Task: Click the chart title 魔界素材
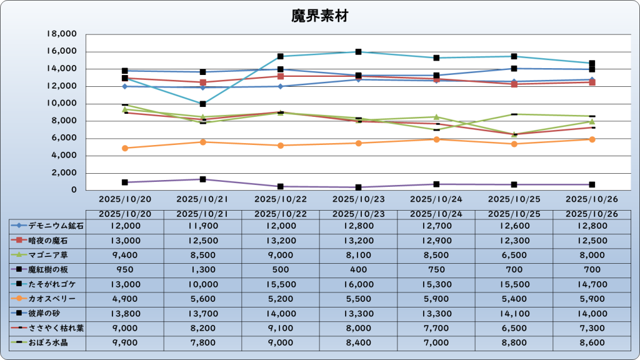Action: pos(319,16)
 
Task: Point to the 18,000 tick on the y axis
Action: pos(62,34)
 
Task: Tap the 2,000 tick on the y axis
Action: pos(64,173)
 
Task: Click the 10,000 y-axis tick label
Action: pos(62,103)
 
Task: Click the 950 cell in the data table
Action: pos(125,269)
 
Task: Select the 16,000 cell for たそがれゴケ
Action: pos(359,284)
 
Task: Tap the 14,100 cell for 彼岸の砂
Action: pos(514,314)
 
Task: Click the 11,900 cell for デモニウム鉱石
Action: pos(203,226)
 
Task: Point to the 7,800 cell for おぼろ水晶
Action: pos(203,342)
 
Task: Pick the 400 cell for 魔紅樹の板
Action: pos(359,269)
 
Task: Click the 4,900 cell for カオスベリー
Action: pos(125,299)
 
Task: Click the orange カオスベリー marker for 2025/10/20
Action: pos(125,148)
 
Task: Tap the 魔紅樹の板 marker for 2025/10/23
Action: pos(359,187)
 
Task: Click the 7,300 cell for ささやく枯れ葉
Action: pos(592,328)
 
